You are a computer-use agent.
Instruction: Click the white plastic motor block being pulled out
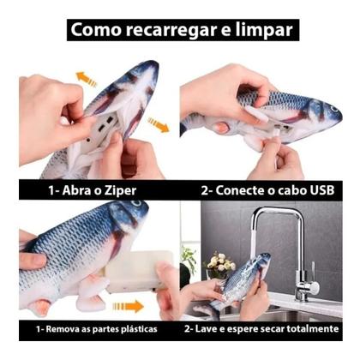coord(138,270)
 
